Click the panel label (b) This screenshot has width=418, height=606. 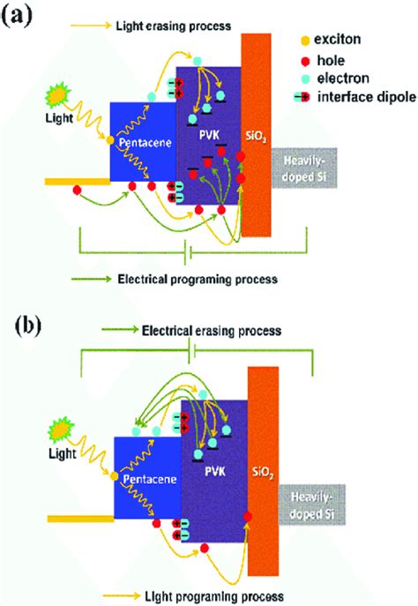27,327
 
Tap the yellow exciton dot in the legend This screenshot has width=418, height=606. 306,41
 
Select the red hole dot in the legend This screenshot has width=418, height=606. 306,61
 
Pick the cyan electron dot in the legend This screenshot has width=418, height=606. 306,79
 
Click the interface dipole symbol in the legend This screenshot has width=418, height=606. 302,97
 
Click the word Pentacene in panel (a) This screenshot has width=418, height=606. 145,143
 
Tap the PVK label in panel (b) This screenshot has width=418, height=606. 214,471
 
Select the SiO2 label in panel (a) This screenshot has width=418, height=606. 256,138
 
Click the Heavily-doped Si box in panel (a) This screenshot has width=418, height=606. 304,168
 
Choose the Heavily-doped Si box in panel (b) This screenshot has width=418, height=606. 312,505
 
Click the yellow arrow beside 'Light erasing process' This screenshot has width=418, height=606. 91,26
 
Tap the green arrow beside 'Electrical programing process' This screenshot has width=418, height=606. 91,279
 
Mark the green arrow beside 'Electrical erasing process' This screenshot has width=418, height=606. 120,330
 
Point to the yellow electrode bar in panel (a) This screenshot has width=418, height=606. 78,182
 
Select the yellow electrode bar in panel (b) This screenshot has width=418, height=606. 81,519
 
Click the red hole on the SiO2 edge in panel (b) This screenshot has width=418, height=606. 248,516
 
